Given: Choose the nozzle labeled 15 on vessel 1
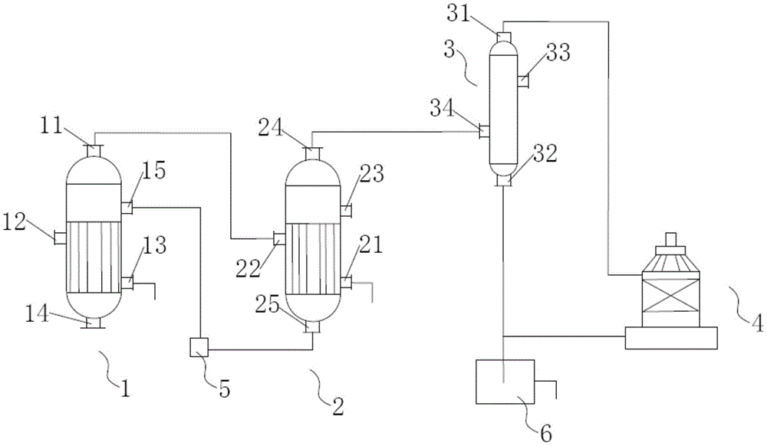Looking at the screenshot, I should pyautogui.click(x=127, y=206).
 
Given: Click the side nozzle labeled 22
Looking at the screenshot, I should pyautogui.click(x=279, y=239).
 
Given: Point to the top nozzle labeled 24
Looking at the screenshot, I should pyautogui.click(x=312, y=152).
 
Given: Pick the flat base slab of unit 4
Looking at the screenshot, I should pyautogui.click(x=671, y=337).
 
